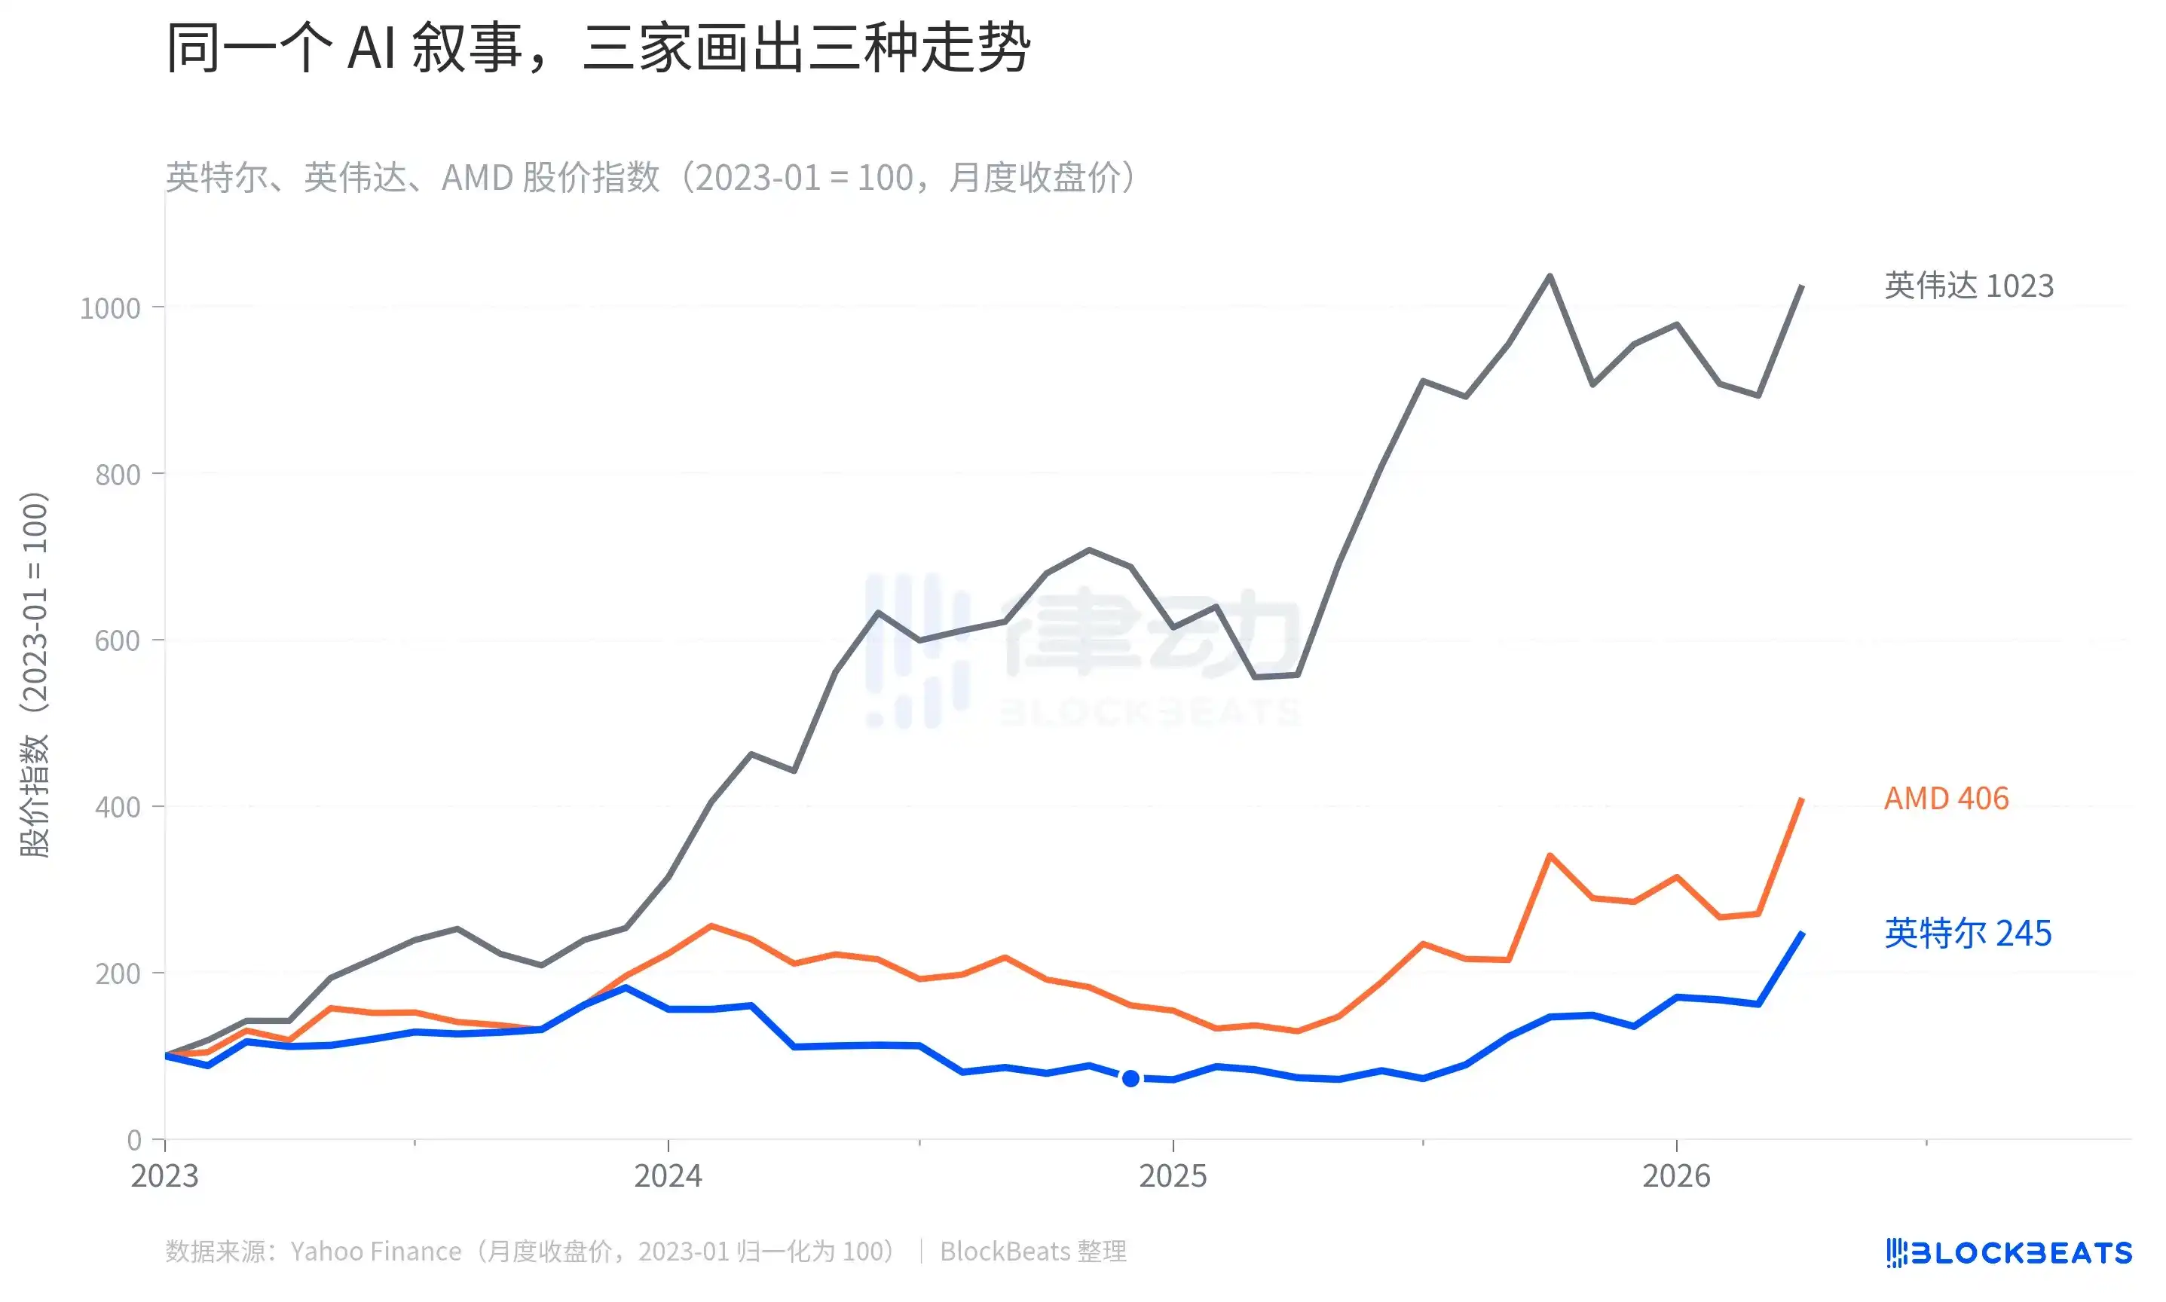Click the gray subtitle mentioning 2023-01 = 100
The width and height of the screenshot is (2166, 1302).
pyautogui.click(x=650, y=177)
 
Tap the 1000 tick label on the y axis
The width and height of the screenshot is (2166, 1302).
pyautogui.click(x=110, y=309)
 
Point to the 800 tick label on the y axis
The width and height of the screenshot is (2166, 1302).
pyautogui.click(x=118, y=475)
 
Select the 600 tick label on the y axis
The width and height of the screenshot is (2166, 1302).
pyautogui.click(x=118, y=640)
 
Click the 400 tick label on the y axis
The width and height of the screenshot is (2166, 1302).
pyautogui.click(x=118, y=807)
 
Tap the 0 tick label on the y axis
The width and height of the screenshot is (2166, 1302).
pyautogui.click(x=134, y=1140)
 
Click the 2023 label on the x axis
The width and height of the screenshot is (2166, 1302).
pyautogui.click(x=165, y=1175)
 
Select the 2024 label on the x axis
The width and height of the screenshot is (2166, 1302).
pyautogui.click(x=668, y=1175)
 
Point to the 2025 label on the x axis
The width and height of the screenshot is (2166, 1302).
pyautogui.click(x=1173, y=1175)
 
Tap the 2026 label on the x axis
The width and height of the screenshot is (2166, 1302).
pyautogui.click(x=1676, y=1175)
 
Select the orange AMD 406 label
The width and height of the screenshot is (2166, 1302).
pyautogui.click(x=1946, y=799)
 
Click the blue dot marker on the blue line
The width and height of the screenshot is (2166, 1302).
pyautogui.click(x=1130, y=1078)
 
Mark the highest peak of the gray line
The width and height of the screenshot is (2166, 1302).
pyautogui.click(x=1550, y=277)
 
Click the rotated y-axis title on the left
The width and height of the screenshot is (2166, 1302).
pyautogui.click(x=35, y=674)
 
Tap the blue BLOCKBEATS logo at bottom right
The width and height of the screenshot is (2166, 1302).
pyautogui.click(x=2009, y=1252)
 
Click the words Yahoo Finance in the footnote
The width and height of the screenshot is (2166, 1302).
pyautogui.click(x=375, y=1251)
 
